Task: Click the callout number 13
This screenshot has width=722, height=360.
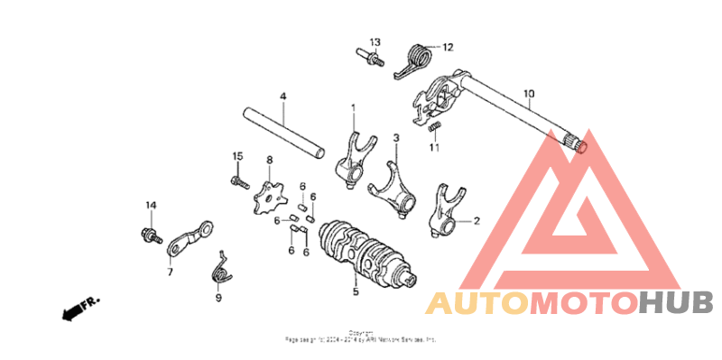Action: pyautogui.click(x=375, y=42)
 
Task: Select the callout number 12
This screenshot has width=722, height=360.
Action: pyautogui.click(x=448, y=47)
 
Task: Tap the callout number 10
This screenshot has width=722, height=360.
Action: pyautogui.click(x=529, y=92)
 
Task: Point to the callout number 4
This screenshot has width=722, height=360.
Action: pyautogui.click(x=282, y=96)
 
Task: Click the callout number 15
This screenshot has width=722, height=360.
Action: pyautogui.click(x=238, y=156)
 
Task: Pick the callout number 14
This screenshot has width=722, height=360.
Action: pyautogui.click(x=151, y=206)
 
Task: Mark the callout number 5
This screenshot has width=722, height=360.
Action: pyautogui.click(x=356, y=291)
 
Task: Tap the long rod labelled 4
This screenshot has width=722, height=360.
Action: pyautogui.click(x=285, y=130)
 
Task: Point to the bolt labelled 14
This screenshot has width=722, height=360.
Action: pyautogui.click(x=146, y=236)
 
